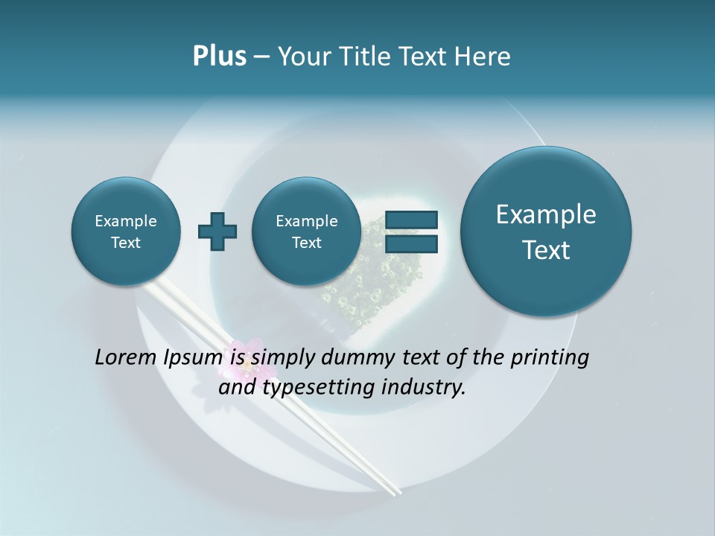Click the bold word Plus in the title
click(x=219, y=57)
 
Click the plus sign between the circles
click(x=217, y=231)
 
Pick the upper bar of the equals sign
click(x=411, y=220)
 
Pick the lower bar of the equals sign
click(x=411, y=243)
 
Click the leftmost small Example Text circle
click(x=126, y=231)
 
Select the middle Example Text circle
click(x=306, y=231)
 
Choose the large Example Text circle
click(x=546, y=232)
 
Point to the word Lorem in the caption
click(x=126, y=358)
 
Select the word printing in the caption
click(x=550, y=358)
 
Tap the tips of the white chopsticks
click(x=391, y=490)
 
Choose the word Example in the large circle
click(x=546, y=214)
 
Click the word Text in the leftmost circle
click(x=126, y=242)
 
